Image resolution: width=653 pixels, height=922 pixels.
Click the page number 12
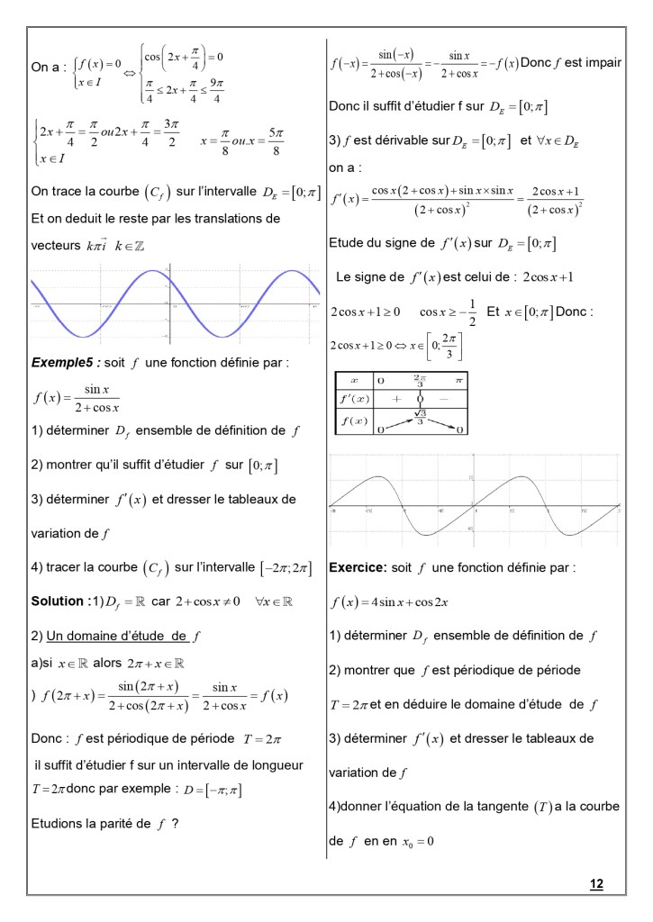tap(596, 883)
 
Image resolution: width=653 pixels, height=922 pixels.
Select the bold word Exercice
tap(358, 569)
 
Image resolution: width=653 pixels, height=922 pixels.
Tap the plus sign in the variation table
tap(395, 398)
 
